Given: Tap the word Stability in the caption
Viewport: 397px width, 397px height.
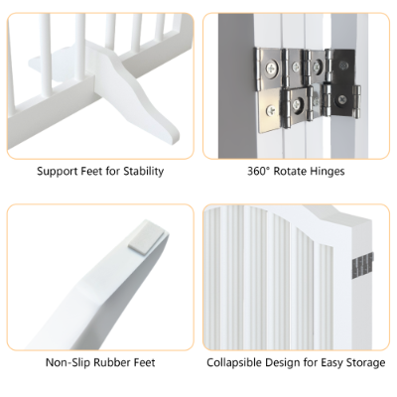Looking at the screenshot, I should pyautogui.click(x=142, y=171).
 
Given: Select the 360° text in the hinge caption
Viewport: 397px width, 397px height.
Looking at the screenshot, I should pyautogui.click(x=260, y=171).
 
